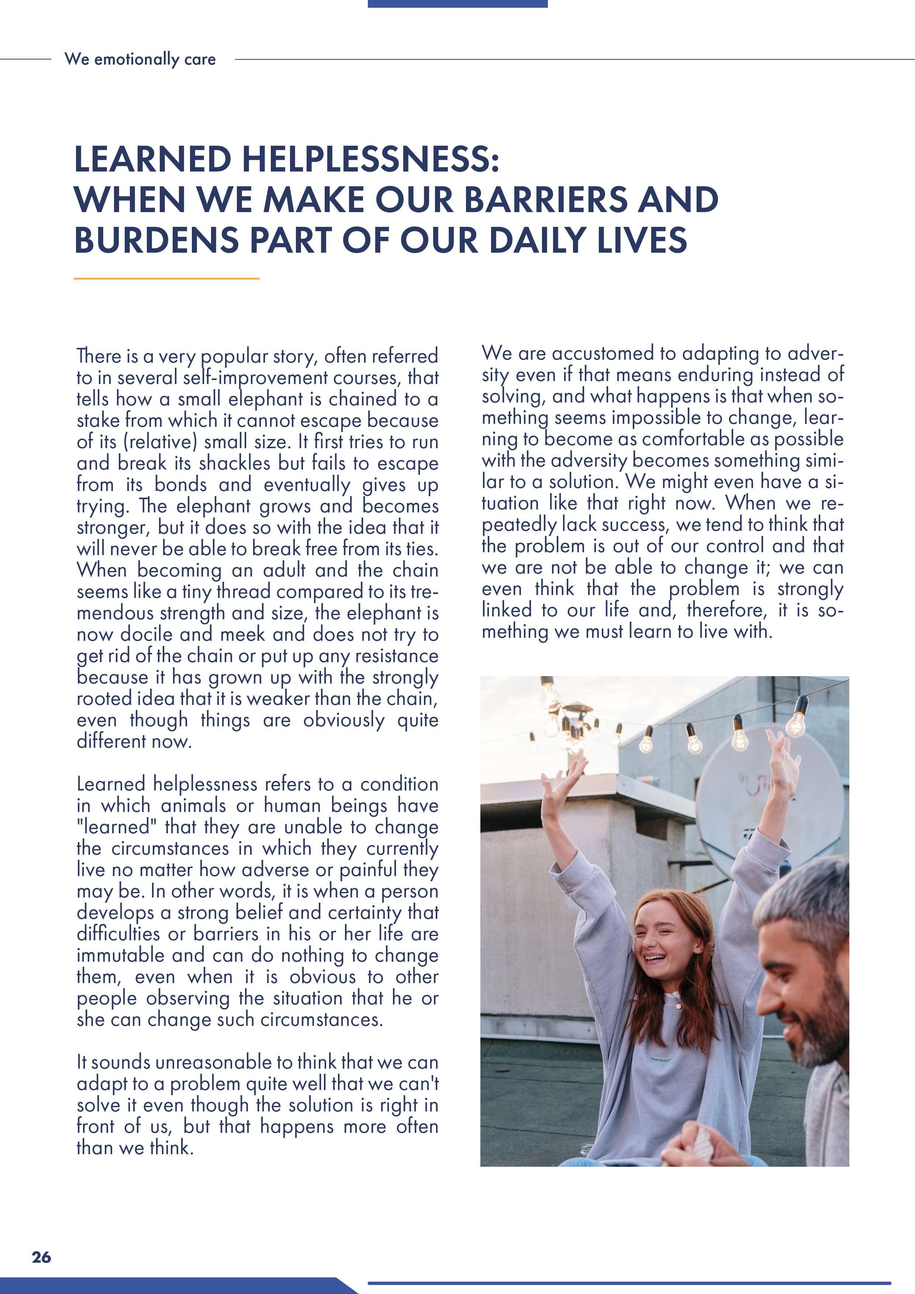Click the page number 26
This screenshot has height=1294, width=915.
[x=41, y=1257]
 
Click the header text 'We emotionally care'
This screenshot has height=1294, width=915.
[x=140, y=59]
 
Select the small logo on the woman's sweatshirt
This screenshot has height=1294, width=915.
[x=661, y=1059]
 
